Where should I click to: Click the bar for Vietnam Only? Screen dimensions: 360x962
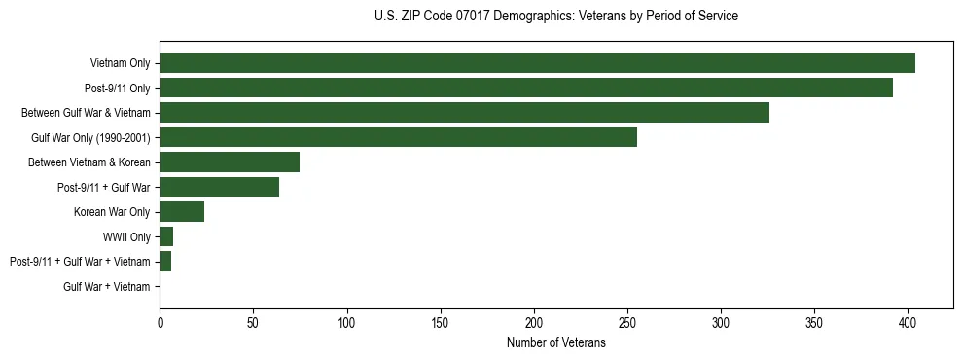point(537,63)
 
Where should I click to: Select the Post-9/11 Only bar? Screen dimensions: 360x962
point(526,88)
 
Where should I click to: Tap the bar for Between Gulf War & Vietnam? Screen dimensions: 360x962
point(464,113)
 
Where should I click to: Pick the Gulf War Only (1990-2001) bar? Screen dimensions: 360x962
point(398,137)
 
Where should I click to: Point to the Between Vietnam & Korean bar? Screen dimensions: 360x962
point(230,162)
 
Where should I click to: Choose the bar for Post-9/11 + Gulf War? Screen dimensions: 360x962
point(219,187)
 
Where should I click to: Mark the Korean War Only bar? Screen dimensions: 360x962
point(182,212)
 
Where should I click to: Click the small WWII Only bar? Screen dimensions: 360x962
point(166,236)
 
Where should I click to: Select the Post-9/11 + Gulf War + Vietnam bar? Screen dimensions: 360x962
point(165,262)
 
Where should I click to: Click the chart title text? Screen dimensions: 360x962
point(555,17)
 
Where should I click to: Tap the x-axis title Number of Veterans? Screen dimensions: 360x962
point(555,343)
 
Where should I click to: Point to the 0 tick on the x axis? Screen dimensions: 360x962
point(160,323)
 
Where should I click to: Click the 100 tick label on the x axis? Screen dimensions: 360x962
point(347,323)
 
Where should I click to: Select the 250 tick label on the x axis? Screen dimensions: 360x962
point(627,323)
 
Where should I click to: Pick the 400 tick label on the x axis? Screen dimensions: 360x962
point(908,323)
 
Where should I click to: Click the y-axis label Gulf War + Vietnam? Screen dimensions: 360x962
point(107,287)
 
